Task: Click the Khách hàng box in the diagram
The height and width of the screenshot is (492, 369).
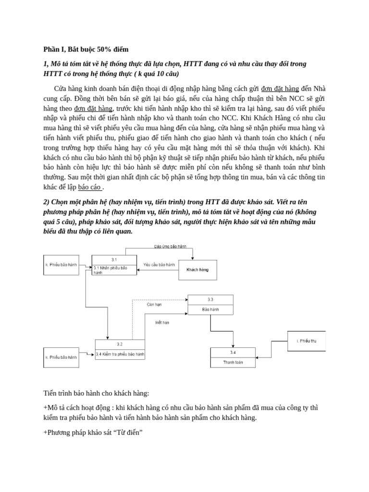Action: click(197, 270)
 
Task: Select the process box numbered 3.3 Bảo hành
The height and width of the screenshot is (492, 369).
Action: click(210, 305)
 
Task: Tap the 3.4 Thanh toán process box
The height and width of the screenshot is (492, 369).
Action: click(233, 357)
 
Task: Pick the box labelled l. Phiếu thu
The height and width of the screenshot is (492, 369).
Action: click(306, 341)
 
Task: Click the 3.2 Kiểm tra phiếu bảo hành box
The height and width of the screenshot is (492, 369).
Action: click(120, 349)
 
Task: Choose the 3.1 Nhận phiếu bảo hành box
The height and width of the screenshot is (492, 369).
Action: click(114, 265)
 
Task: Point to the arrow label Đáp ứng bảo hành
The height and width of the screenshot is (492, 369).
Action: click(170, 246)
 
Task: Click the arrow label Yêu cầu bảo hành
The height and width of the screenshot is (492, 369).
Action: click(159, 265)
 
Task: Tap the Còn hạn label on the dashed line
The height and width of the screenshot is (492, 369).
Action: click(154, 304)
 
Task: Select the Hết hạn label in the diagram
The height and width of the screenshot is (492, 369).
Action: click(162, 322)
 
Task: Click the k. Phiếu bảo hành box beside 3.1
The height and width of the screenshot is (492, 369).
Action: click(61, 265)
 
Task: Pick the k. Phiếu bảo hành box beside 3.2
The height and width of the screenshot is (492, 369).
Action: click(61, 357)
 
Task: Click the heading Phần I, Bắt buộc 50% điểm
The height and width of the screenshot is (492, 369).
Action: click(86, 49)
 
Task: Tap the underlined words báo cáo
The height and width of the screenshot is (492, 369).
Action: click(89, 187)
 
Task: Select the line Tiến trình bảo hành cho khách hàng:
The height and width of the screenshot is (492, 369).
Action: click(96, 394)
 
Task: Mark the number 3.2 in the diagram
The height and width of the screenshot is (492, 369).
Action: click(120, 344)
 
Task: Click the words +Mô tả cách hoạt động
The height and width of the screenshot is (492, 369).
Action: click(78, 407)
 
